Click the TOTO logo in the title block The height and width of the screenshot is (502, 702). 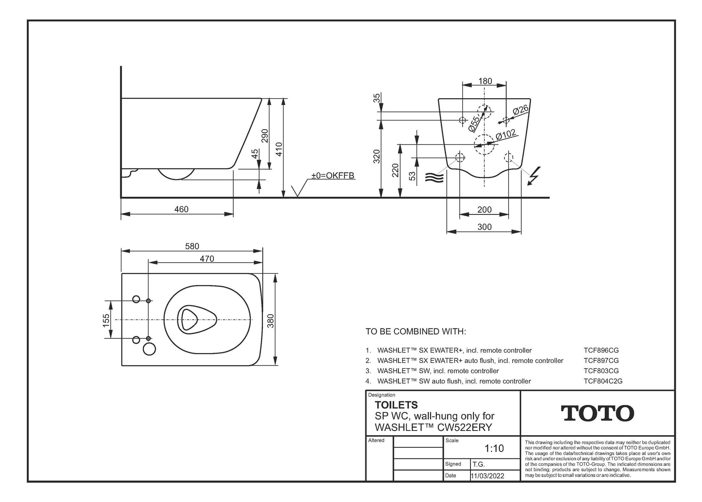(597, 413)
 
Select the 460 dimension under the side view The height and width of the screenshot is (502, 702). (181, 209)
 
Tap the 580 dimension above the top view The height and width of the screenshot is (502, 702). (192, 246)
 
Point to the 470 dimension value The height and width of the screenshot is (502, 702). (207, 259)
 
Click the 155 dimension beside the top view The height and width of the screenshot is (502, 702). (106, 320)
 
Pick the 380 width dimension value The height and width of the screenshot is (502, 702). (270, 321)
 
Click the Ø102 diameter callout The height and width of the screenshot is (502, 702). (506, 135)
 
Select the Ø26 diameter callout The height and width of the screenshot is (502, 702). (521, 110)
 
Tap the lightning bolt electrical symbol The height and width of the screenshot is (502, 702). (534, 176)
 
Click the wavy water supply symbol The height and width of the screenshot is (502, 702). (434, 178)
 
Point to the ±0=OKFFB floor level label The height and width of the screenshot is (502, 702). (333, 175)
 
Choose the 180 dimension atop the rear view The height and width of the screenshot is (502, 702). (485, 81)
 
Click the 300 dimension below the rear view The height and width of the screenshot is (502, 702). (485, 227)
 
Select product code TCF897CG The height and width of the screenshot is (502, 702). (601, 361)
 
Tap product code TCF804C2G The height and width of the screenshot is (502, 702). (603, 381)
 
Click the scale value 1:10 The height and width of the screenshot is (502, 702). (494, 448)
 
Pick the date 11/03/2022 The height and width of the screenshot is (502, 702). (487, 476)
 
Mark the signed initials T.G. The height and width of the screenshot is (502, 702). (479, 465)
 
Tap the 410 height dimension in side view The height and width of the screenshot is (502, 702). (279, 149)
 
